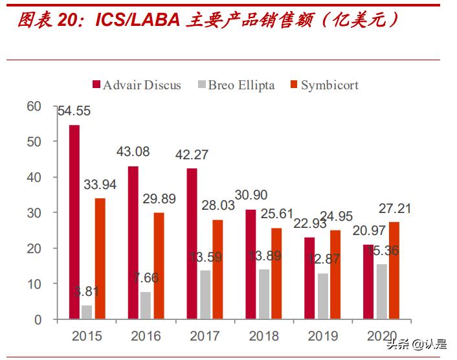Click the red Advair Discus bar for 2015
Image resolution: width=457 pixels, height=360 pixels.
pos(74,222)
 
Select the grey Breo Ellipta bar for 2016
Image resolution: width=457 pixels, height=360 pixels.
pos(145,306)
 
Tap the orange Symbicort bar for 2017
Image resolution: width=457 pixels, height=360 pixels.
pos(217,269)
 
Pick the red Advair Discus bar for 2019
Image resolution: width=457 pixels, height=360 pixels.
pos(309,278)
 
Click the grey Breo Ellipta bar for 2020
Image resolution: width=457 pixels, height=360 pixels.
pos(382,292)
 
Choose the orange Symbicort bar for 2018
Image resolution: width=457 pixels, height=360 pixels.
pos(275,274)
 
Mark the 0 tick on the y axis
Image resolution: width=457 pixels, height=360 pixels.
pos(38,319)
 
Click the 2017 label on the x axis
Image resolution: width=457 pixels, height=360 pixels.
pos(205,336)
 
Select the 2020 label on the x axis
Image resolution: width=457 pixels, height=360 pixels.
pos(381,336)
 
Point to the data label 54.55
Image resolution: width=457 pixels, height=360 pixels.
pos(74,111)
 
